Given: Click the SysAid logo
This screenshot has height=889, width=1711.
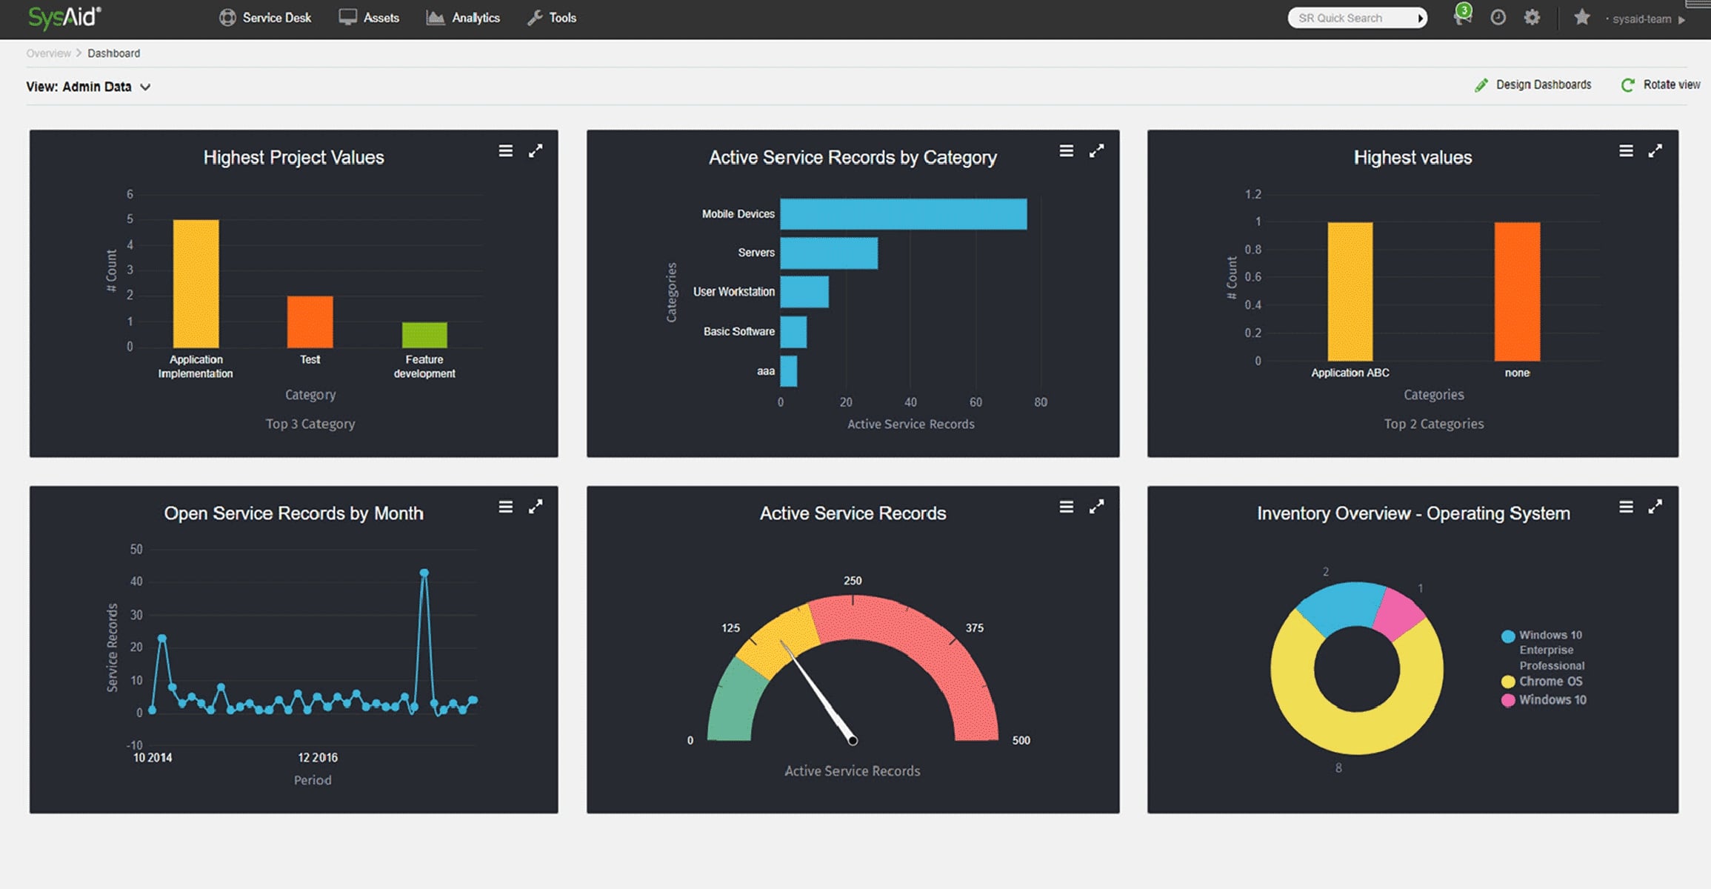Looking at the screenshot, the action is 64,16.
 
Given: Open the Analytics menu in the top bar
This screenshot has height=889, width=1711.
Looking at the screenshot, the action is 463,18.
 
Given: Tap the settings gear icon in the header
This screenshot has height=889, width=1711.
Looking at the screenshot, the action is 1532,17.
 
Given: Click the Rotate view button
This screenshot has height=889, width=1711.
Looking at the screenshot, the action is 1661,84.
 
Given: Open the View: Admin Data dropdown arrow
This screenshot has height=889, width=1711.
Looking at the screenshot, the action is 146,87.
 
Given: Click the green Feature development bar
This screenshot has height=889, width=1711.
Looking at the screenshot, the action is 424,335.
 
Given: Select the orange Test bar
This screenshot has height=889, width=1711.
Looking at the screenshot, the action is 310,322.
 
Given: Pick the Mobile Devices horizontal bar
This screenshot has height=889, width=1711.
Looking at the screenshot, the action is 904,214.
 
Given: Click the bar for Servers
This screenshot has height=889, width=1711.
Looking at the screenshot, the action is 829,253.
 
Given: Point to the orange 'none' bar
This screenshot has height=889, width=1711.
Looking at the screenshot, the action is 1517,292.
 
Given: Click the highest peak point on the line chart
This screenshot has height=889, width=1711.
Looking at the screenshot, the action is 424,573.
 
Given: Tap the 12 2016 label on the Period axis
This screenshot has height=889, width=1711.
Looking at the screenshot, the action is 318,757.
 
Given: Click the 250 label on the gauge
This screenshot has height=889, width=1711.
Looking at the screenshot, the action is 853,581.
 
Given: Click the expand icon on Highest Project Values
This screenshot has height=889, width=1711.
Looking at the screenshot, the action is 536,151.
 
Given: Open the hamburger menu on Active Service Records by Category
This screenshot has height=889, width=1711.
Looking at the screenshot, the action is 1067,151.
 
